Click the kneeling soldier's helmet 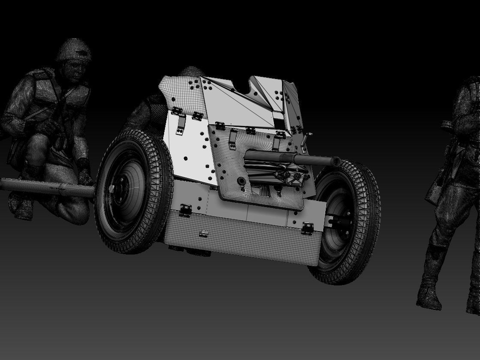(74, 51)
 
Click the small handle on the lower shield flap (204, 234)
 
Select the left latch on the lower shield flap (185, 210)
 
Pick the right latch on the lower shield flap (307, 228)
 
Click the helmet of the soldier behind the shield (191, 72)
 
